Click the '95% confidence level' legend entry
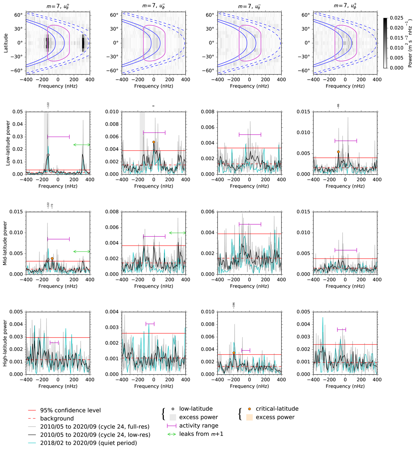[70, 410]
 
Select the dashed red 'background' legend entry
[57, 419]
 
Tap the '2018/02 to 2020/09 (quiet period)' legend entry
[88, 443]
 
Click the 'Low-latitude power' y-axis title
[8, 143]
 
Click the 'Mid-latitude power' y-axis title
[5, 243]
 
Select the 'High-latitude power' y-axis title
[5, 343]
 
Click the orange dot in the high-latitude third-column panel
[234, 353]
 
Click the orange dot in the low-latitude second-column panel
[154, 142]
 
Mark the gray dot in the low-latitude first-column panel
[48, 155]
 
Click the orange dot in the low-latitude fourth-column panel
[338, 152]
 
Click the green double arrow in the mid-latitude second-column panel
[177, 233]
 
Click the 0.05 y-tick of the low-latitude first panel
[18, 112]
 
